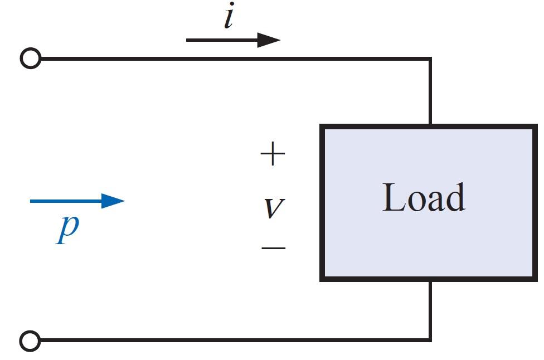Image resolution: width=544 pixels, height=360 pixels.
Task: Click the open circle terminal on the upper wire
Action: click(x=31, y=58)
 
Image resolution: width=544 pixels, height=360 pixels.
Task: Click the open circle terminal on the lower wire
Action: click(x=31, y=340)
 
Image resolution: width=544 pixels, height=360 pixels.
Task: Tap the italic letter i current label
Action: click(x=228, y=18)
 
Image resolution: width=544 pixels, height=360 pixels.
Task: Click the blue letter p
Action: click(x=68, y=228)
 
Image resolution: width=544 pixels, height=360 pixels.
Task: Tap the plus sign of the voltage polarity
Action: click(x=273, y=154)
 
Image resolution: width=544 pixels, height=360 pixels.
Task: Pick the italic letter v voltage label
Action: click(x=273, y=208)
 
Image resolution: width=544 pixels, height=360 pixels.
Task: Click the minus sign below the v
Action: click(x=273, y=247)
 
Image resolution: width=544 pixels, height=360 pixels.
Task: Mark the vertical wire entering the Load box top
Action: click(x=430, y=92)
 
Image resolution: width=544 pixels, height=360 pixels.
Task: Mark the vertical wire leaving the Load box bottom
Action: click(x=430, y=309)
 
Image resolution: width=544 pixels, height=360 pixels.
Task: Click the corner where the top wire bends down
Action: click(x=430, y=58)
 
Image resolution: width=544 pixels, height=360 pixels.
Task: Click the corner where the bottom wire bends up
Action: click(x=430, y=339)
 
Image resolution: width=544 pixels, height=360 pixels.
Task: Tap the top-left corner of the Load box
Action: click(x=322, y=127)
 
